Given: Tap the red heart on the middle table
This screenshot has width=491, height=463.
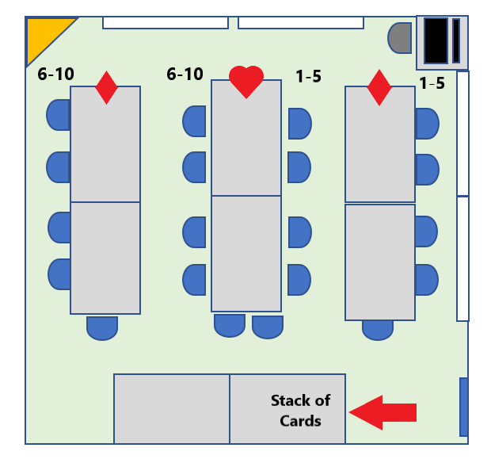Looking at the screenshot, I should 246,81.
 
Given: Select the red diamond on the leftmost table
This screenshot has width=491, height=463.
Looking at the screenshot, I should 106,87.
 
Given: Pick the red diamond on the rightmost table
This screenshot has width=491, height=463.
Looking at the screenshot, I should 379,87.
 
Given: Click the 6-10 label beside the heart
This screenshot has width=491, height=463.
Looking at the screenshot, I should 185,75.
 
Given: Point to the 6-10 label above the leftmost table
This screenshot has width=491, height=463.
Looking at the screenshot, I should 55,75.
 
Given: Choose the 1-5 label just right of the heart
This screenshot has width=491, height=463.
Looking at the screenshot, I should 308,76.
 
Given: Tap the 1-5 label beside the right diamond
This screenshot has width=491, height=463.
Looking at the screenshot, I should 432,83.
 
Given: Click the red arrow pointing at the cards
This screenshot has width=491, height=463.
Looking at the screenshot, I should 383,412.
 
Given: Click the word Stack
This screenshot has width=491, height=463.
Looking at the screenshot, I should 300,400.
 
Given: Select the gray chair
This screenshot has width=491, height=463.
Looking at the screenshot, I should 400,37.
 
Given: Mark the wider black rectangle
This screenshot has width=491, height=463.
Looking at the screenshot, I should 436,40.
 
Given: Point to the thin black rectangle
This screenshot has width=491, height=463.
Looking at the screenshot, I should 456,40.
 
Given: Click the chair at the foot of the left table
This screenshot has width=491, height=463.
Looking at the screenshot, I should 102,327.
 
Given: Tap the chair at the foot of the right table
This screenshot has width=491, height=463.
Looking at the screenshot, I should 378,329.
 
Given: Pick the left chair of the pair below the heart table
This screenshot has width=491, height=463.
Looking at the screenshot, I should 230,325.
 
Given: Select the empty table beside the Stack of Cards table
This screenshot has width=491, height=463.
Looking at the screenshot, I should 172,408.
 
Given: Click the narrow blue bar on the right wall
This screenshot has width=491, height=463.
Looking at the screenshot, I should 463,407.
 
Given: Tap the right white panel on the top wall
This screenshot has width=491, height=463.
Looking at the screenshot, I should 300,22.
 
